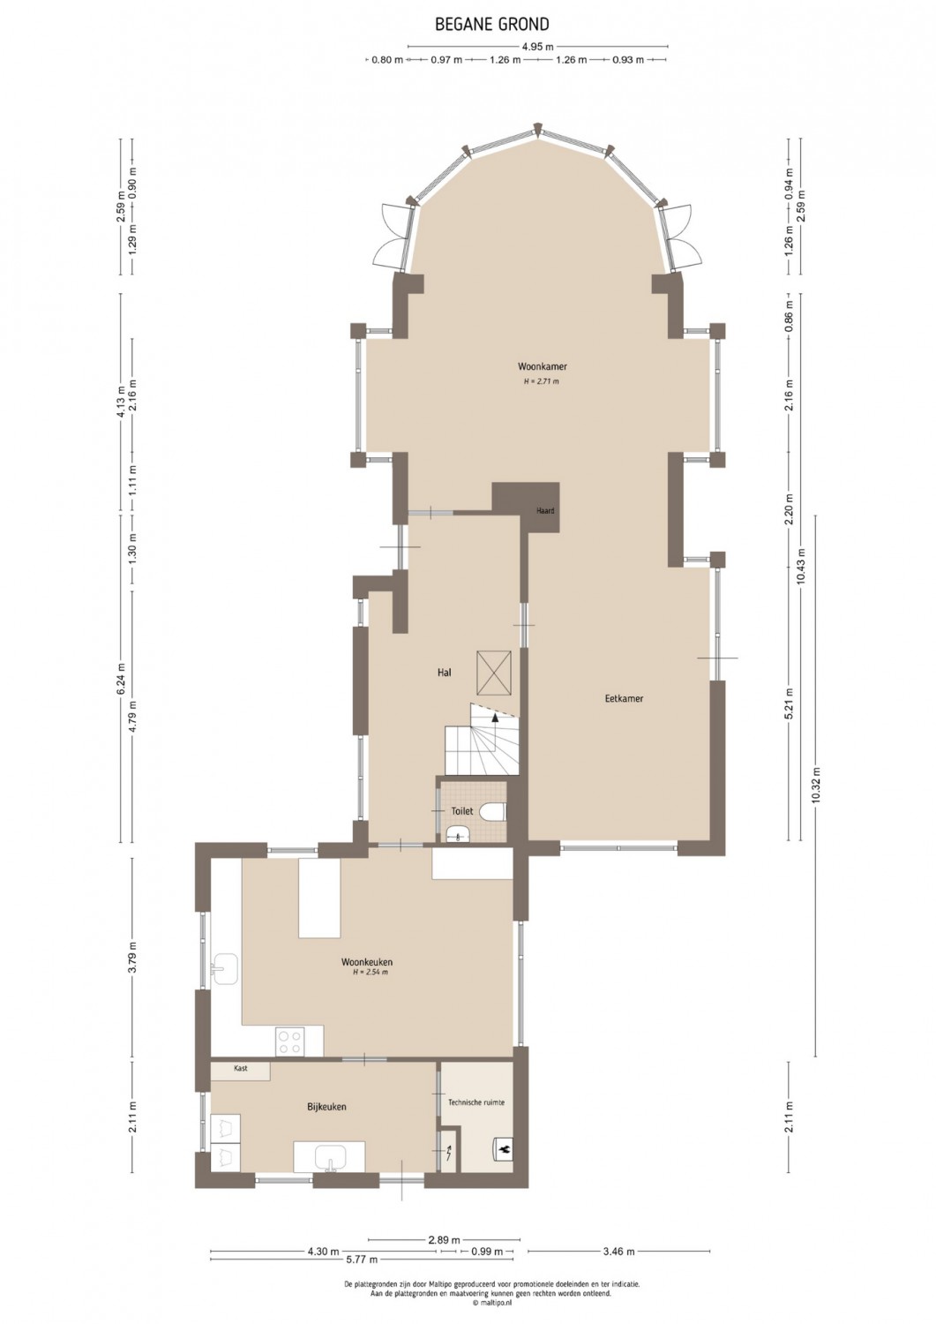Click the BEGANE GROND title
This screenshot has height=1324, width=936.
(x=492, y=24)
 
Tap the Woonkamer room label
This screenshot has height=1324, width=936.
(x=543, y=366)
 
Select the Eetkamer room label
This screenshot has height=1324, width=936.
(x=624, y=698)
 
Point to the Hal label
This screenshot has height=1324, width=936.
(x=445, y=672)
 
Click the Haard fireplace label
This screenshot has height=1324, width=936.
(x=545, y=511)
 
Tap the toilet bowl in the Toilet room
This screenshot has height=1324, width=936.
(x=493, y=811)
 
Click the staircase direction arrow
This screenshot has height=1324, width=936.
(x=495, y=718)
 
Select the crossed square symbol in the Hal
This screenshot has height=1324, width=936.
(x=494, y=673)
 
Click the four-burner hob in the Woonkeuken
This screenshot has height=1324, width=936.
(x=290, y=1042)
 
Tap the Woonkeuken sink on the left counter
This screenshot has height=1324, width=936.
(x=225, y=968)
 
